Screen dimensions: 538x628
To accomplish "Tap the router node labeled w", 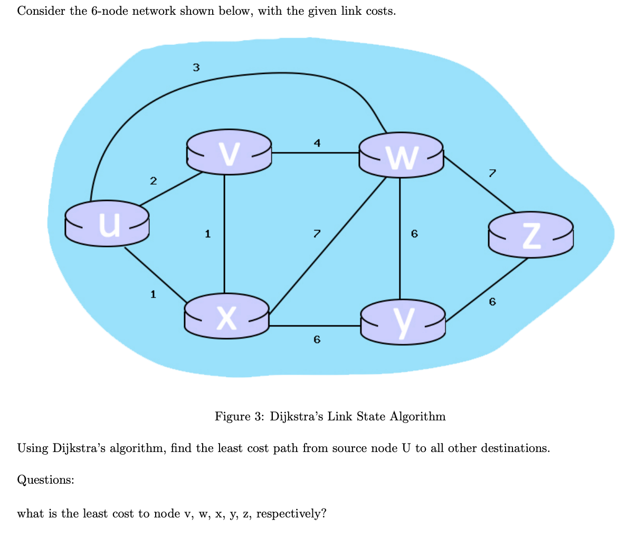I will [401, 154].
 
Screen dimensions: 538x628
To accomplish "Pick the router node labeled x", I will [227, 316].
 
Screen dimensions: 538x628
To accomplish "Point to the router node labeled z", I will [530, 234].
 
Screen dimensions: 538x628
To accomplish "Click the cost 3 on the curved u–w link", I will [196, 67].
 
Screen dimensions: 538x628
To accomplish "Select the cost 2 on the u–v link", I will [153, 181].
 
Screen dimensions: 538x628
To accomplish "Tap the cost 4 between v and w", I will [317, 142].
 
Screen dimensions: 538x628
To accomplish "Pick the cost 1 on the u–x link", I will [153, 294].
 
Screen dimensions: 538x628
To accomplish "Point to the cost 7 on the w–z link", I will [492, 172].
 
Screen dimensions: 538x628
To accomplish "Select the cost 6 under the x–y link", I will [317, 340].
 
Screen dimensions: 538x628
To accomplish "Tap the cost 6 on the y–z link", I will [492, 302].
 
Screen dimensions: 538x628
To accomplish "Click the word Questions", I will [45, 480].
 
